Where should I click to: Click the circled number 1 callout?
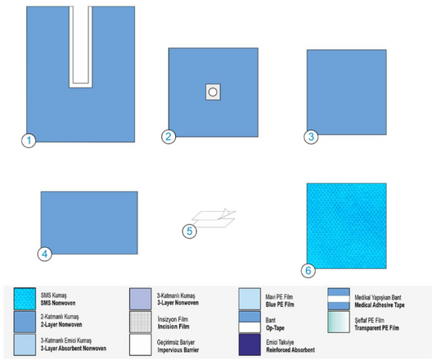click(x=29, y=141)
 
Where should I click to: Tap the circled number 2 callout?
click(x=169, y=137)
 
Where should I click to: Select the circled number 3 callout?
click(x=311, y=137)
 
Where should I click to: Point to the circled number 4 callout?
click(x=44, y=254)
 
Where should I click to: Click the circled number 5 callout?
click(x=189, y=232)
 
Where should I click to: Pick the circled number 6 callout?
click(x=308, y=271)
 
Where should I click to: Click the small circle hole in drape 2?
click(x=213, y=92)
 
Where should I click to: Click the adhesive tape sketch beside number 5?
click(x=214, y=218)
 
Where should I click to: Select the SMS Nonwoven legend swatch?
click(x=25, y=299)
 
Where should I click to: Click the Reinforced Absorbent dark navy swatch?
click(x=249, y=344)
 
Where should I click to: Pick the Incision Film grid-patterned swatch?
click(x=141, y=322)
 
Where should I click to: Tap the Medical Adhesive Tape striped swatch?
click(x=339, y=299)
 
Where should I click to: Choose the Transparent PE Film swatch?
click(x=339, y=322)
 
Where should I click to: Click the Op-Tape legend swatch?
click(x=249, y=322)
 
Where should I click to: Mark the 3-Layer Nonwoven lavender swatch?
click(x=141, y=299)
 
